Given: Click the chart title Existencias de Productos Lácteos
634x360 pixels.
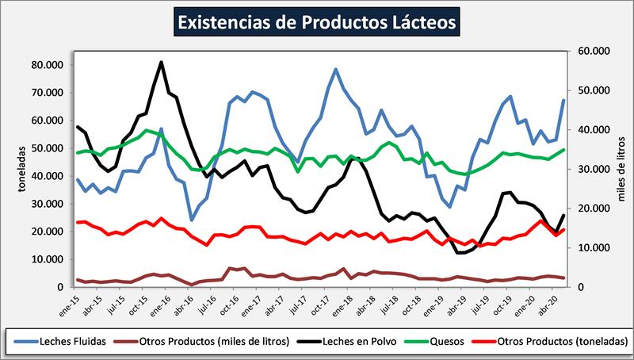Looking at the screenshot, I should (x=317, y=21).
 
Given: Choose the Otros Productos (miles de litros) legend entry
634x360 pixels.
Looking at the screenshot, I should (x=211, y=342).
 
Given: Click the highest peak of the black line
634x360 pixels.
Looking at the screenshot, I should (x=161, y=62).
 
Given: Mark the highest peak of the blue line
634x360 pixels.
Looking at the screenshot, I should (x=336, y=69).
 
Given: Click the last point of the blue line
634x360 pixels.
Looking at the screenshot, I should (x=563, y=100).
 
